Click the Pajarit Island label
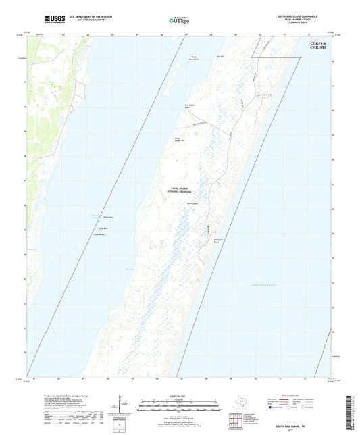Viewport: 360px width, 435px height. coord(192,203)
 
